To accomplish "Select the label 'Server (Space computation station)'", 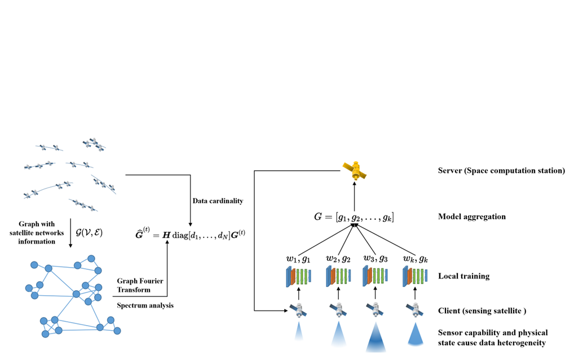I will pyautogui.click(x=501, y=170).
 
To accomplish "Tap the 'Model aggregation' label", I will pyautogui.click(x=473, y=216).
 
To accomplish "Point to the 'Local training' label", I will pyautogui.click(x=463, y=277).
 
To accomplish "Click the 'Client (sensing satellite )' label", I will pyautogui.click(x=486, y=310).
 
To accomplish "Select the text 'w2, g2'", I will pyautogui.click(x=339, y=259).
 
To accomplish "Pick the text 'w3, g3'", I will pyautogui.click(x=376, y=259).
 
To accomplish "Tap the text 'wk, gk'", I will pyautogui.click(x=416, y=259).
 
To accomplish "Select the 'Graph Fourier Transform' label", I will pyautogui.click(x=134, y=286).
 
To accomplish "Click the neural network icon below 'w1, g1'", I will pyautogui.click(x=299, y=277).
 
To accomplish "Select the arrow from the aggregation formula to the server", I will pyautogui.click(x=355, y=195).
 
